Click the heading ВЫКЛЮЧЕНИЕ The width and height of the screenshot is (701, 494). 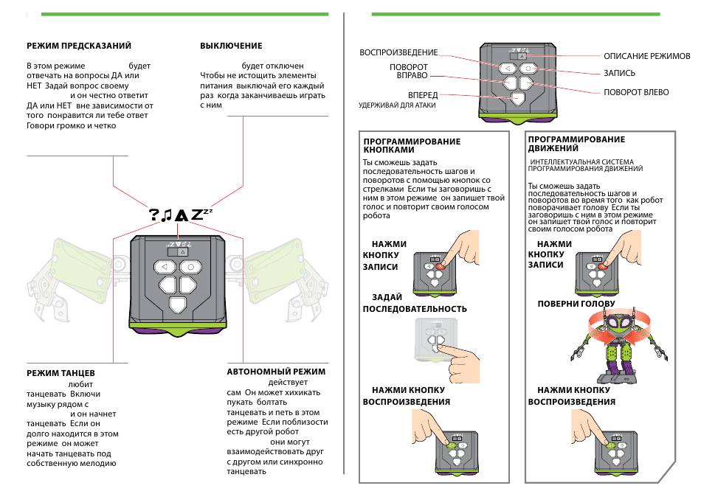click(x=231, y=46)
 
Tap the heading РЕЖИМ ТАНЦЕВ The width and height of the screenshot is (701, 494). click(x=61, y=373)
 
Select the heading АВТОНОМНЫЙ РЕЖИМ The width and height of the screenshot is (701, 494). click(x=276, y=372)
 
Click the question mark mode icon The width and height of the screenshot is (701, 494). click(x=154, y=215)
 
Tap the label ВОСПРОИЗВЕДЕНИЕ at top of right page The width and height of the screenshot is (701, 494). click(x=398, y=52)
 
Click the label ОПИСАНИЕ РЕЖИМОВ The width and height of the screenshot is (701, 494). click(x=646, y=56)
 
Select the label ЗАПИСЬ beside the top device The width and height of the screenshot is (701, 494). click(x=619, y=74)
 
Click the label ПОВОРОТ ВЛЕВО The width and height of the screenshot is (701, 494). click(x=636, y=92)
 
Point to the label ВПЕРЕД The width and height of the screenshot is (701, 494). click(x=423, y=95)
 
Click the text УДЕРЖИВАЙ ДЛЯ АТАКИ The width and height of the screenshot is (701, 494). click(x=397, y=105)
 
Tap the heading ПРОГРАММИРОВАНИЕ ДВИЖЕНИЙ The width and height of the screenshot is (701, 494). click(x=577, y=144)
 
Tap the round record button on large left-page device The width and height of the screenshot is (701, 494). click(x=191, y=266)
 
